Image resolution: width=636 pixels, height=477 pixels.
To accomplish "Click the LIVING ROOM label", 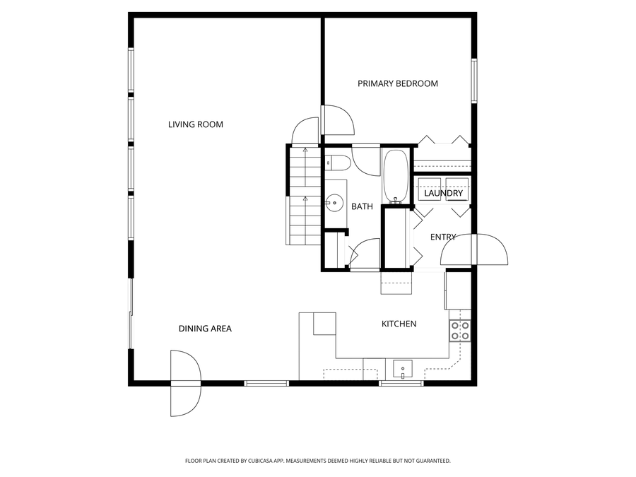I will click(195, 125).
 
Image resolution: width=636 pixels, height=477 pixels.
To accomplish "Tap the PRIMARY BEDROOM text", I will click(397, 83).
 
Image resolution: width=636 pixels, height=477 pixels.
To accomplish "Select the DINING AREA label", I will click(205, 329).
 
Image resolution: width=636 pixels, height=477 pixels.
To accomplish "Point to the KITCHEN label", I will click(399, 324).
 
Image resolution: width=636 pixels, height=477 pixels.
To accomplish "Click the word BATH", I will click(362, 207).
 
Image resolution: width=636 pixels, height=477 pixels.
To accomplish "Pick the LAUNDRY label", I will click(443, 194).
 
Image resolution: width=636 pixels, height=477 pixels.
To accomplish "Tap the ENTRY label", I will click(443, 237).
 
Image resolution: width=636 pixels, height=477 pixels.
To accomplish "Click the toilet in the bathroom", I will click(337, 164).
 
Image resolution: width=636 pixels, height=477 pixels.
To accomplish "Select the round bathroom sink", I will click(331, 204).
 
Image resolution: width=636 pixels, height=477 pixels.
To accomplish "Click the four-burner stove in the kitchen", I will click(460, 330).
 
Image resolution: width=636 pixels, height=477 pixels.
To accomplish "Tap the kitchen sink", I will click(403, 369).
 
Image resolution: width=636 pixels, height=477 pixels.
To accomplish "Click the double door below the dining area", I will click(186, 384).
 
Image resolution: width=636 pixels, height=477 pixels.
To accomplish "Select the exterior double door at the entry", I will click(474, 251).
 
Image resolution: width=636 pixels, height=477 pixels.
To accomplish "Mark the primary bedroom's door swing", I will click(338, 120).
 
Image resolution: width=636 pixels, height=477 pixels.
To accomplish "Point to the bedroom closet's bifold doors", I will click(442, 140).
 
